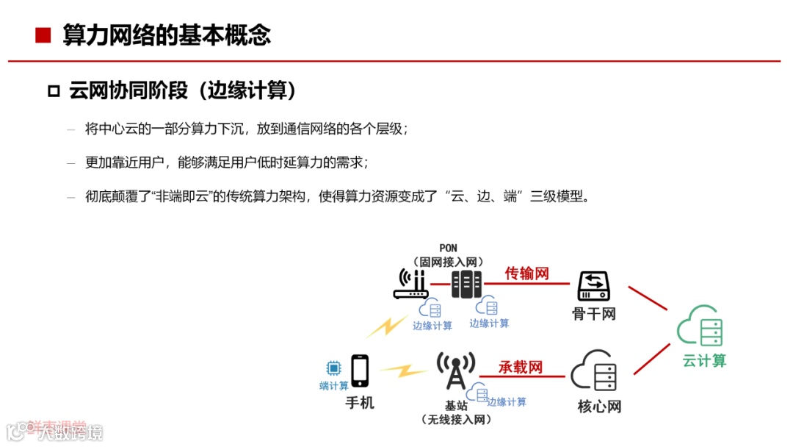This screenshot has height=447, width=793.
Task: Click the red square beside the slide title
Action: [x=43, y=35]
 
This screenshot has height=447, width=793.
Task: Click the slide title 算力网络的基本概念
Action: [x=167, y=35]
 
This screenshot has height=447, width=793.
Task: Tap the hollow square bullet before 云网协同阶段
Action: [x=53, y=91]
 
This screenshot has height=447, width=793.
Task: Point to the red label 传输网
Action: [x=526, y=273]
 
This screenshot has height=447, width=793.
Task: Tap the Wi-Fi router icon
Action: [x=411, y=285]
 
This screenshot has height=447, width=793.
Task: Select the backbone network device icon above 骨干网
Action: [x=593, y=286]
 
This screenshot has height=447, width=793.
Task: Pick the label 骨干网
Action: [x=593, y=314]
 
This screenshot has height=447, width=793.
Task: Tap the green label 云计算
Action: [x=703, y=360]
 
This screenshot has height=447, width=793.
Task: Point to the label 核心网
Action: [x=599, y=406]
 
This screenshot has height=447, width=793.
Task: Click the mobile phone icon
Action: [x=360, y=371]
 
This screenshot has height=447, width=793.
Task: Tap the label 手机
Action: [x=360, y=403]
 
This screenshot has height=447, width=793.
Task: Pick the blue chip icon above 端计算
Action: [x=333, y=367]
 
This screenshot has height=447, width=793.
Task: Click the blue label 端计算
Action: [x=334, y=386]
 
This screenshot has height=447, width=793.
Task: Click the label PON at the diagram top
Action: [x=448, y=248]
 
